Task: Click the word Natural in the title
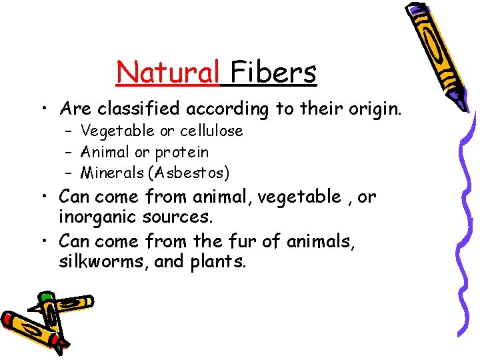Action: (169, 71)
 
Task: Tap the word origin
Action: (373, 109)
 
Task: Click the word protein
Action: (183, 152)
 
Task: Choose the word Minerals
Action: (112, 173)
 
